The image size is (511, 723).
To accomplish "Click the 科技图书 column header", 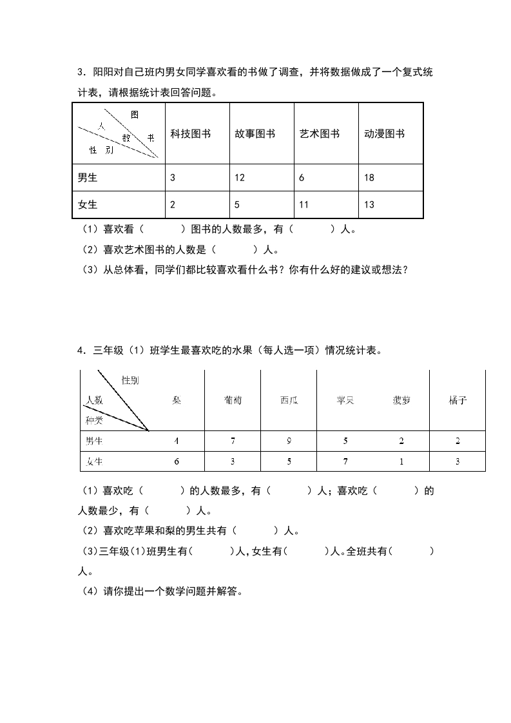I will [x=190, y=134].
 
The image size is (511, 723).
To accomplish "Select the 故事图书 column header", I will [x=255, y=134].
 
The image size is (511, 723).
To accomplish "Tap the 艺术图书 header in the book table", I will [x=319, y=134].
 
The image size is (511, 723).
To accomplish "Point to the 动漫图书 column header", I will [x=384, y=134].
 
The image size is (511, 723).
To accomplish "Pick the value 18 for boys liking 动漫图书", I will [x=369, y=178].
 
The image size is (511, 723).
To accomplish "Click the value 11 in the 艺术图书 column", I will [x=304, y=205].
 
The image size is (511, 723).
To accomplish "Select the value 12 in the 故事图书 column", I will [x=240, y=178].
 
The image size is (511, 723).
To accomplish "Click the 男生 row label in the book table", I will [x=87, y=178].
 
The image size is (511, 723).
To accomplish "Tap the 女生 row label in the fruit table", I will [x=94, y=461].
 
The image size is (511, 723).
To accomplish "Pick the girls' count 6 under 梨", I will [x=176, y=461].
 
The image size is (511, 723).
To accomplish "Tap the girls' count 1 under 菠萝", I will [x=401, y=461].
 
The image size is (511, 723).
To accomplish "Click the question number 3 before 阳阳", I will [x=79, y=72].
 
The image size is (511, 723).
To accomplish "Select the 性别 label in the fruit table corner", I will [x=130, y=381].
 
